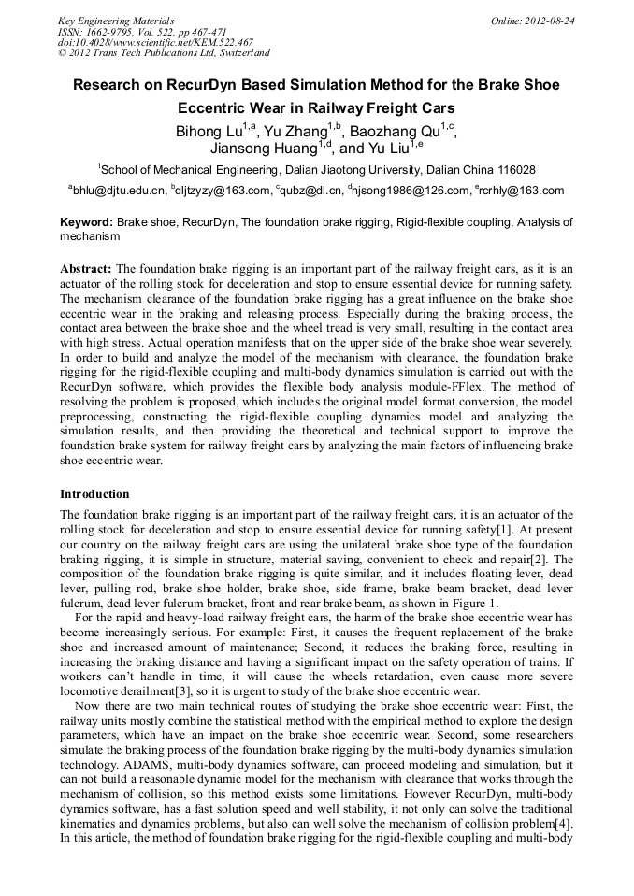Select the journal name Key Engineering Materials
pyautogui.click(x=116, y=20)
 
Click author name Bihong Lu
pyautogui.click(x=209, y=132)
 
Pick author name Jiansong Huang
pyautogui.click(x=263, y=149)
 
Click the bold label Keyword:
pyautogui.click(x=86, y=223)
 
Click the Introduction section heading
pyautogui.click(x=94, y=493)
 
